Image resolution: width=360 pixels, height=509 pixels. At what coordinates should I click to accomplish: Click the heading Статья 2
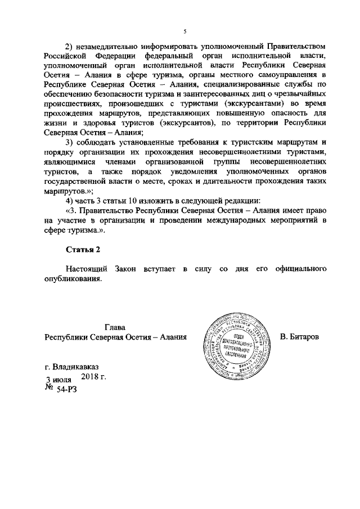pos(83,249)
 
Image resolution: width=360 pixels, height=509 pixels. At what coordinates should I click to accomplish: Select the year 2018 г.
pos(94,376)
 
